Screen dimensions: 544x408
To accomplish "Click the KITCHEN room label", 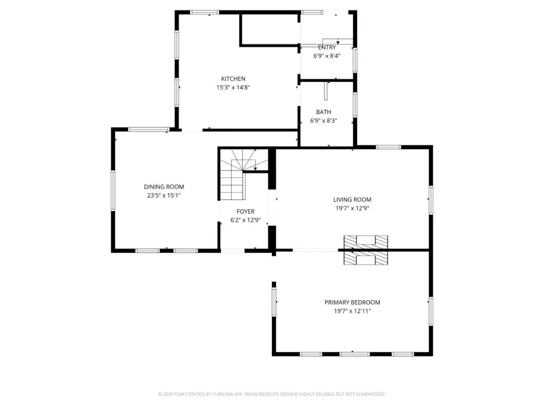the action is click(x=233, y=79).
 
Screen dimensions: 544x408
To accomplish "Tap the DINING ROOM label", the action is click(x=164, y=186).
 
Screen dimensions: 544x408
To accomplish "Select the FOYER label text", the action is click(x=245, y=211).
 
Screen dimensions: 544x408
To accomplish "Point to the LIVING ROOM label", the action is click(x=352, y=200).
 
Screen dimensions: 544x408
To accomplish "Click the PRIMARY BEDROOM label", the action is click(x=352, y=302).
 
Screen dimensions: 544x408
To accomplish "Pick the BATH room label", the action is click(x=324, y=112).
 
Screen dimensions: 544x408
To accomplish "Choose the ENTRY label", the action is click(x=327, y=47).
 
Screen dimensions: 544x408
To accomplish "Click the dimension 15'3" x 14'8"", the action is click(x=233, y=88).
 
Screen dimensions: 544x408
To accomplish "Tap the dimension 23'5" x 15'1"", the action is click(x=164, y=195).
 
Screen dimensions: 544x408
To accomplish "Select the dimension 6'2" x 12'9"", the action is click(x=245, y=220).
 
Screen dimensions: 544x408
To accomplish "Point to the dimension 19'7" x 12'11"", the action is click(x=352, y=311).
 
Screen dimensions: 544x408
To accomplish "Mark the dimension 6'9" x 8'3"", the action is click(x=324, y=121).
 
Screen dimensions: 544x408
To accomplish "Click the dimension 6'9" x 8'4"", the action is click(x=327, y=56).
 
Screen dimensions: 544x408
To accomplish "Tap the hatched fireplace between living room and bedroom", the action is click(x=365, y=250).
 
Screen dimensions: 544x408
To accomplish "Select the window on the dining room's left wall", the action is click(x=113, y=191).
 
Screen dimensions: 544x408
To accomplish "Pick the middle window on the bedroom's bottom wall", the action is click(x=354, y=354).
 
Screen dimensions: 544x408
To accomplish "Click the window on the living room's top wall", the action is click(x=388, y=147).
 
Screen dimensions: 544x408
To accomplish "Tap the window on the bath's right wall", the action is click(x=355, y=105).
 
